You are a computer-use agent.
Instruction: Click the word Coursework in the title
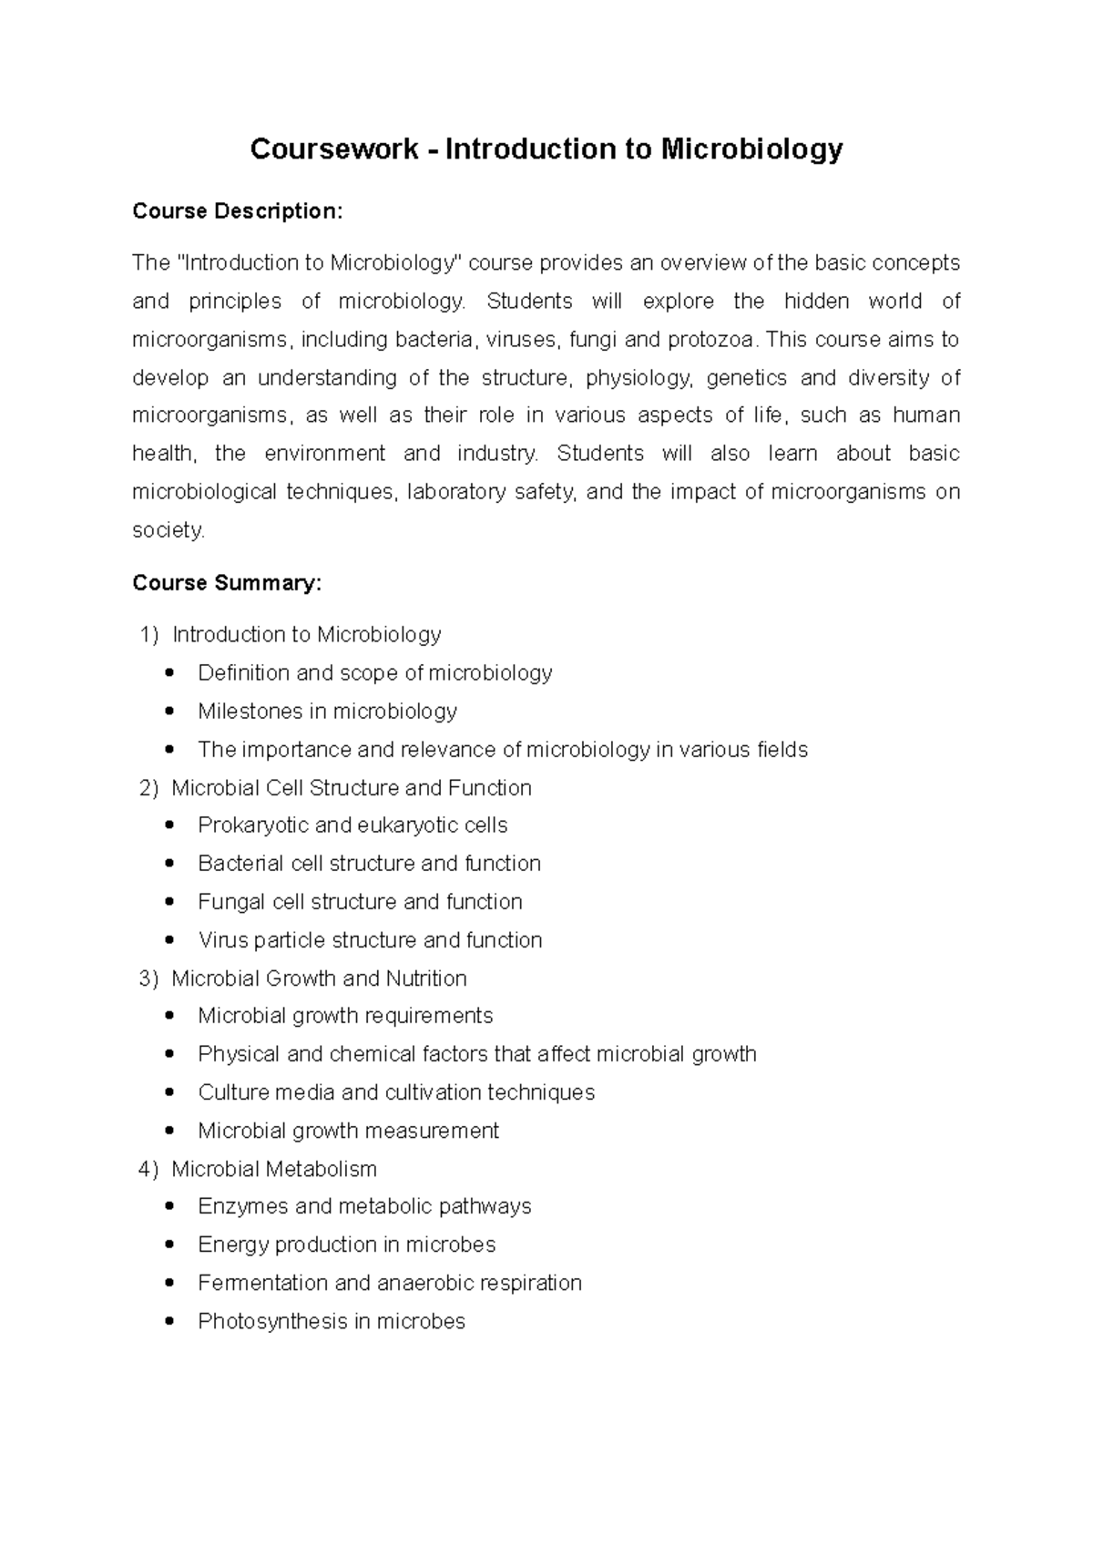coord(333,149)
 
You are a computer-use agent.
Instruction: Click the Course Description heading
coord(237,211)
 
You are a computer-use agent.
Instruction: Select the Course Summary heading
coord(226,583)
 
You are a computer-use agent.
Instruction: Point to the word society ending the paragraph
coord(168,530)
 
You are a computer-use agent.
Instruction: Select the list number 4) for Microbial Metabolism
coord(148,1169)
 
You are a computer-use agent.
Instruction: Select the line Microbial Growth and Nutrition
coord(319,978)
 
